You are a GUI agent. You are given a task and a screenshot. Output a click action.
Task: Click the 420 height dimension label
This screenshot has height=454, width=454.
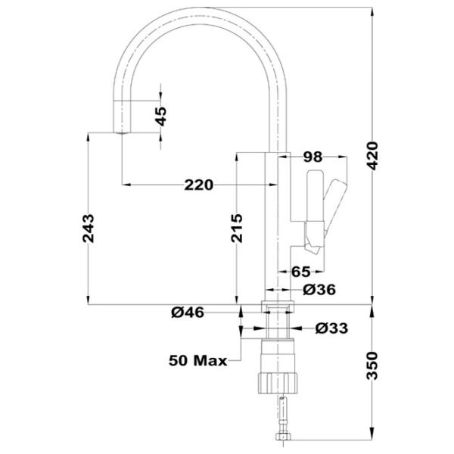pyautogui.click(x=372, y=155)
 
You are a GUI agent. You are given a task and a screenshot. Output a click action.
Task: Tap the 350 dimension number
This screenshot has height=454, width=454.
pyautogui.click(x=372, y=365)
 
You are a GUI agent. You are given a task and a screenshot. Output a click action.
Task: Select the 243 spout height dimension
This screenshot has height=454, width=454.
pyautogui.click(x=89, y=229)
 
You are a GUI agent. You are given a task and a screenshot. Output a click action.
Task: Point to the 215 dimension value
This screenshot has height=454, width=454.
pyautogui.click(x=237, y=229)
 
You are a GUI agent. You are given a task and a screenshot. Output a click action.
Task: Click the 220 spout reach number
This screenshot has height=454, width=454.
pyautogui.click(x=199, y=185)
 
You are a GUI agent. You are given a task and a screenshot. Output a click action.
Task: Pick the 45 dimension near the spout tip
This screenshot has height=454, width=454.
pyautogui.click(x=161, y=117)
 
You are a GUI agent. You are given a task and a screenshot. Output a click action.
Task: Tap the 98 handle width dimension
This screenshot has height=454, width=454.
pyautogui.click(x=313, y=157)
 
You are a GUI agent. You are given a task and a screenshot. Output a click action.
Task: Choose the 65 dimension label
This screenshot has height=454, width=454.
pyautogui.click(x=301, y=272)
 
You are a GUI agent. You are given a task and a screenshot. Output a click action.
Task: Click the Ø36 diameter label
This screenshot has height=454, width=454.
pyautogui.click(x=319, y=290)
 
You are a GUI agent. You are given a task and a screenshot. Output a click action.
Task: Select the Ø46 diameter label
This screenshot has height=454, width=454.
pyautogui.click(x=188, y=313)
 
